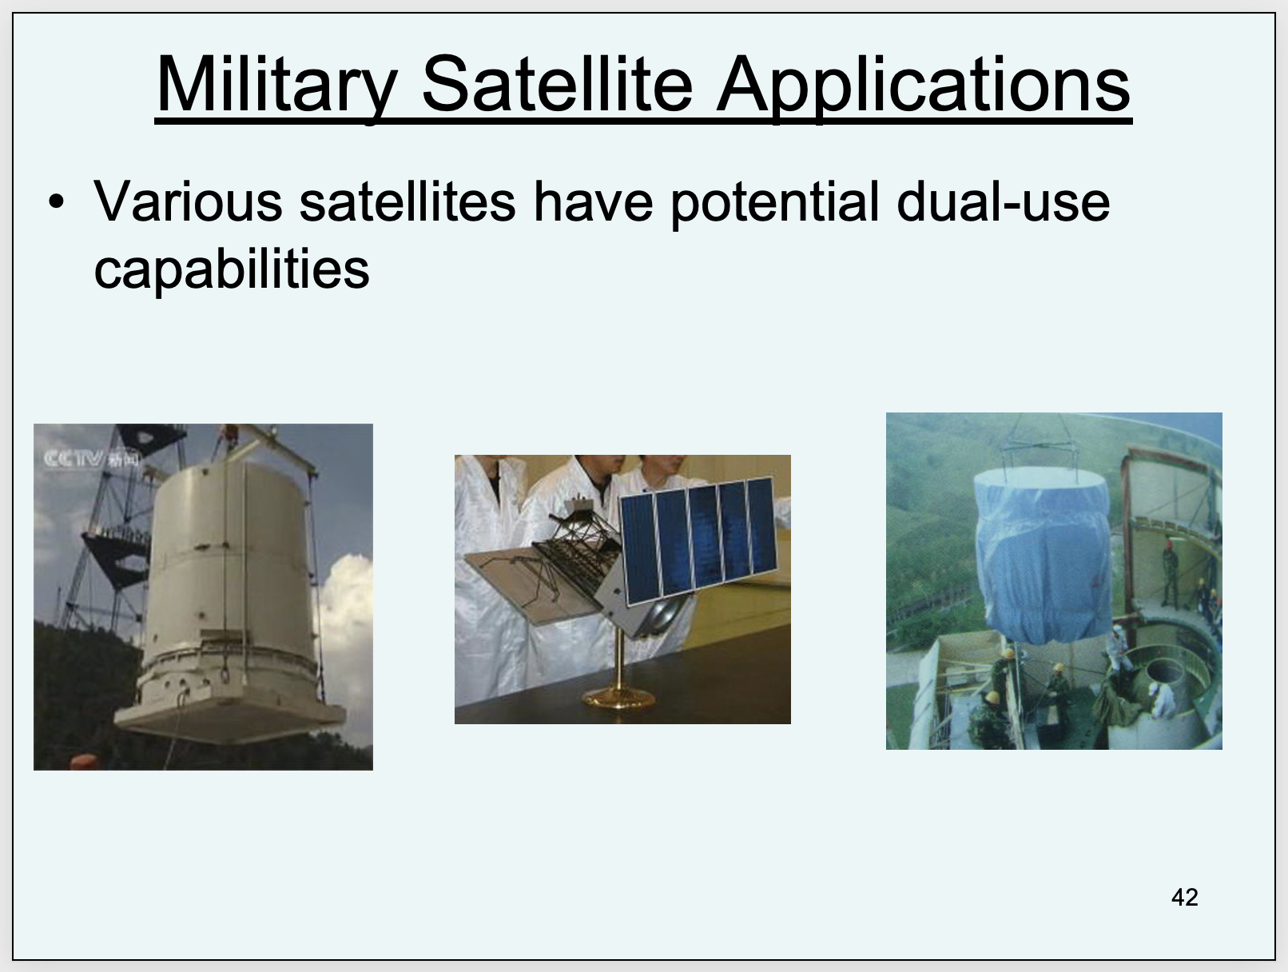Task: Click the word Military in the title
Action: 277,85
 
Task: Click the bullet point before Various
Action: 57,202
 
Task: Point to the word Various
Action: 188,201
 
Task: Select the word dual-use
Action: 1004,201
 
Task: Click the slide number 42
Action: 1184,898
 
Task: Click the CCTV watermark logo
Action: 92,459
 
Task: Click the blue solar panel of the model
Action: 699,539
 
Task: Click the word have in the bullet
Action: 593,201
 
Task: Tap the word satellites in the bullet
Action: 407,201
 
